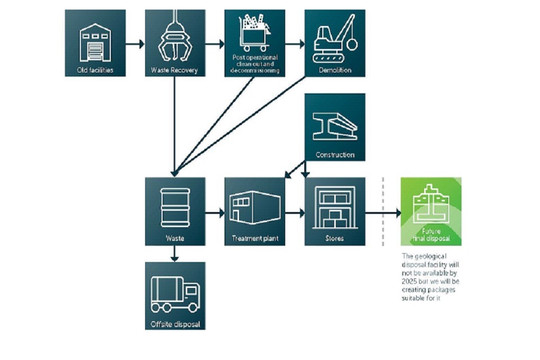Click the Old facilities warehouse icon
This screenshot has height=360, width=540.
pyautogui.click(x=95, y=42)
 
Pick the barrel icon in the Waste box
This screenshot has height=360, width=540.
pyautogui.click(x=174, y=207)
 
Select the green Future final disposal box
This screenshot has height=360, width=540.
pyautogui.click(x=431, y=211)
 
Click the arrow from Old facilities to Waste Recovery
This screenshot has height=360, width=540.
pyautogui.click(x=135, y=43)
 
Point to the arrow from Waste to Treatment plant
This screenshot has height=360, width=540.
pyautogui.click(x=214, y=213)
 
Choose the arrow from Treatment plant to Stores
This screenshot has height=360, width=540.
pyautogui.click(x=295, y=213)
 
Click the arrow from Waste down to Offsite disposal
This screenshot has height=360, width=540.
pyautogui.click(x=174, y=254)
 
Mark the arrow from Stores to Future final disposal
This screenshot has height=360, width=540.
pyautogui.click(x=383, y=213)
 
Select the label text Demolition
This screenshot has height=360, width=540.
pyautogui.click(x=335, y=70)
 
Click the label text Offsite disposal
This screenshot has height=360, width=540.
pyautogui.click(x=175, y=324)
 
